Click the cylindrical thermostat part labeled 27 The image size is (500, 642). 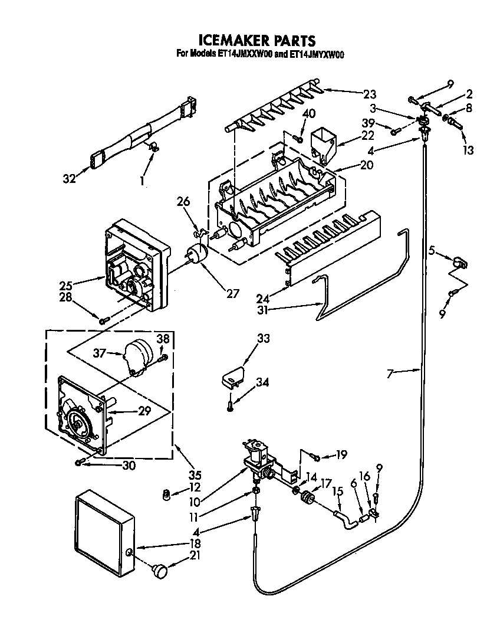198,255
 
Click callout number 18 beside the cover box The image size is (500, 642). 195,543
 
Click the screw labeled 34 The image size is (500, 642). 230,405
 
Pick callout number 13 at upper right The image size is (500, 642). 468,150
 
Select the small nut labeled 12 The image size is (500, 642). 167,494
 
